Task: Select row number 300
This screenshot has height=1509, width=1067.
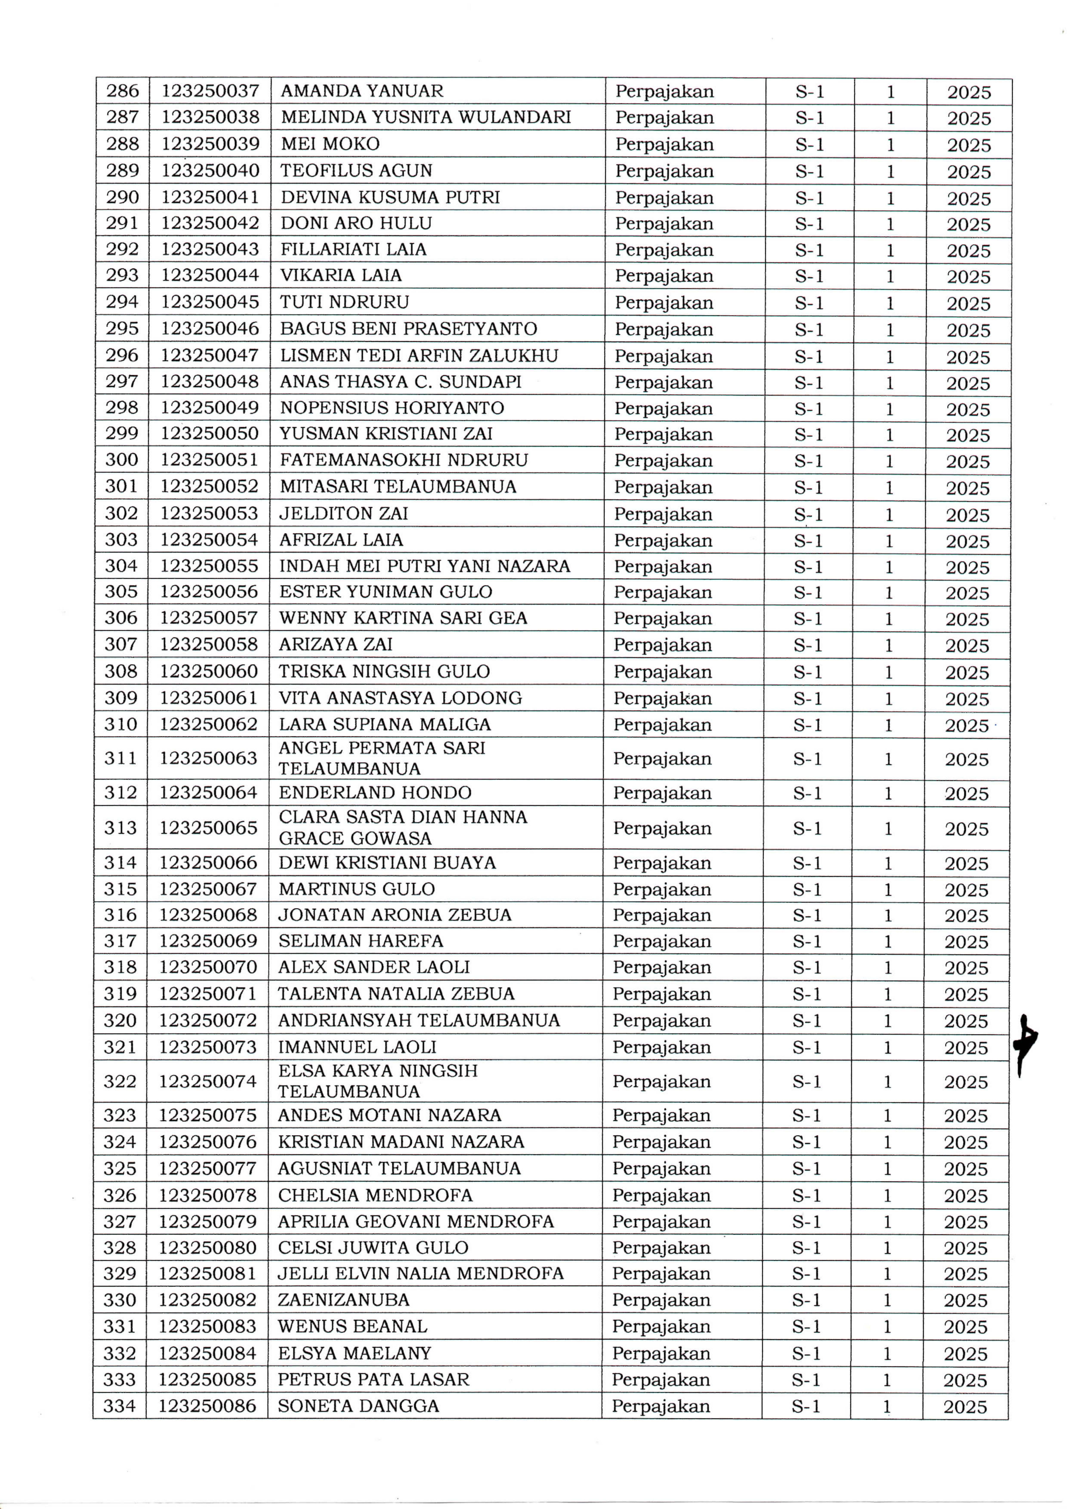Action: (x=122, y=460)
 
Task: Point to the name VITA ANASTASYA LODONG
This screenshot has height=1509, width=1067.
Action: (x=400, y=698)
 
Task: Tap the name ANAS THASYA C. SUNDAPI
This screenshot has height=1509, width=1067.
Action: (x=400, y=382)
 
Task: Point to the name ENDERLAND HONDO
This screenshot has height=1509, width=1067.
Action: (x=375, y=793)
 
